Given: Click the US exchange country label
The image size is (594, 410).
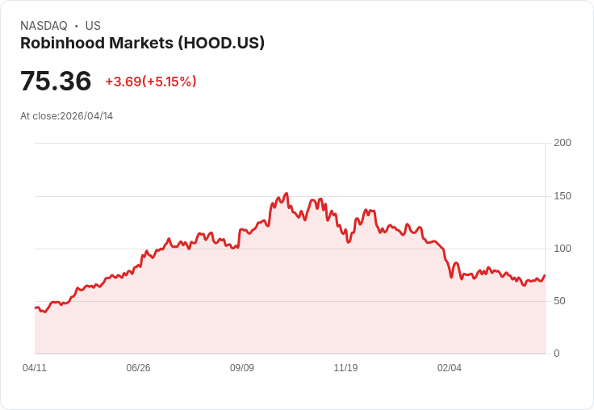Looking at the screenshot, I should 93,26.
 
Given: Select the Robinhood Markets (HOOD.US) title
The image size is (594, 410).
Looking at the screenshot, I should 142,44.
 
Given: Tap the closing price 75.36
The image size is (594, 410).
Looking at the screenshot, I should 56,82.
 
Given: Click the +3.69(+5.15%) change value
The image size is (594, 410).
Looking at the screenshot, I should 151,82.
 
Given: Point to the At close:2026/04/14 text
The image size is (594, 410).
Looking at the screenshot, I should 67,116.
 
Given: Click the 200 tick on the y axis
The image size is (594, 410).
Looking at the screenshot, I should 563,143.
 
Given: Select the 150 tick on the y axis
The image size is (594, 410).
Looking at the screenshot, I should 563,196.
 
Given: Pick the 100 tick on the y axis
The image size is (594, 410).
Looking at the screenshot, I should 563,249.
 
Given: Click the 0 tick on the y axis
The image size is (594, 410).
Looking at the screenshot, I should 557,354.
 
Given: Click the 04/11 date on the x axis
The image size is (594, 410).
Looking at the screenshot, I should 35,368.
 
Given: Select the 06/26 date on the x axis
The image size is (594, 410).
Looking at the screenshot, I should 138,368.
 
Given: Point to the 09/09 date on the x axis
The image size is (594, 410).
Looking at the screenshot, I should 242,368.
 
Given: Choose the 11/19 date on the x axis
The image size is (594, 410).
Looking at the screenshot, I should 345,368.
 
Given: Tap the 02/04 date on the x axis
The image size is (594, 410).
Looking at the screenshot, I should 450,368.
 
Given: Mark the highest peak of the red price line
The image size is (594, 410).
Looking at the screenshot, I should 287,194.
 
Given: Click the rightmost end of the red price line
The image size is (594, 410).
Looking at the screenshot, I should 545,275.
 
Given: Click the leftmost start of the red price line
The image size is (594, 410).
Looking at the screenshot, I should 35,307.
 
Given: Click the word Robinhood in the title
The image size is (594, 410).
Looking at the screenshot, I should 61,44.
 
